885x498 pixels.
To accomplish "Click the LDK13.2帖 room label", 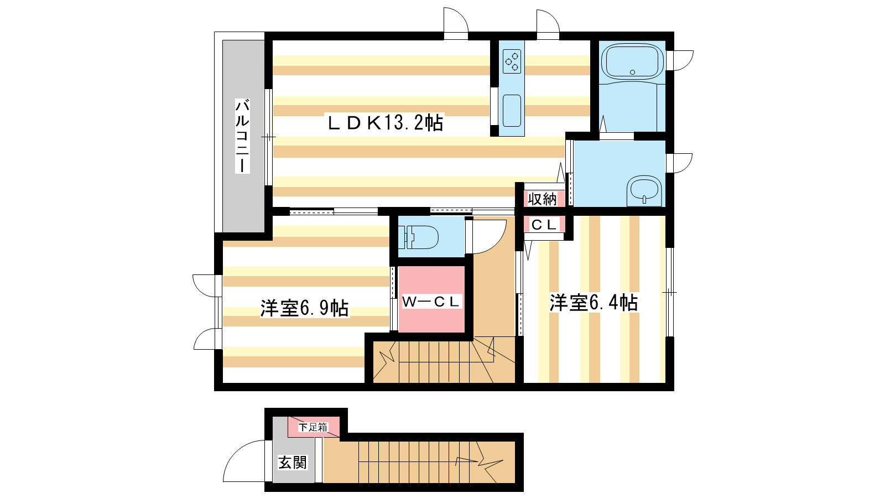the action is (x=385, y=123).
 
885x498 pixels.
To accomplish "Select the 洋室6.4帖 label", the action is (x=594, y=303).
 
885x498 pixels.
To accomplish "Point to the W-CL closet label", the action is (x=431, y=302).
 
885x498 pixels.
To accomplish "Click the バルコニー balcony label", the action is (x=242, y=136).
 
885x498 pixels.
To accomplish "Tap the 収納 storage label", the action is (x=542, y=199).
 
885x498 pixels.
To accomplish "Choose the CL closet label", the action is (x=544, y=225).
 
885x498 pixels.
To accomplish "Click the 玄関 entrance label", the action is (x=293, y=462).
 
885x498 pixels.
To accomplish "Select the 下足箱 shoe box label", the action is (x=313, y=427).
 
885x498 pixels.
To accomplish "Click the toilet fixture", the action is (x=418, y=237).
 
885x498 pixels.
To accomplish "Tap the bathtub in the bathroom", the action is (x=632, y=61).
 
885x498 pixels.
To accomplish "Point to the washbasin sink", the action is (x=644, y=190).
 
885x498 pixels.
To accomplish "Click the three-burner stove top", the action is (x=512, y=61).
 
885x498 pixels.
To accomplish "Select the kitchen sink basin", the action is (x=512, y=111).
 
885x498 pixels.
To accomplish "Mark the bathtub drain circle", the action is (x=633, y=72).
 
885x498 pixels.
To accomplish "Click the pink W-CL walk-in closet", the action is (x=431, y=299).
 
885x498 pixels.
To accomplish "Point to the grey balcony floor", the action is (x=243, y=136).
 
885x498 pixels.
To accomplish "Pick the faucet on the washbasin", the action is (x=644, y=200).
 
